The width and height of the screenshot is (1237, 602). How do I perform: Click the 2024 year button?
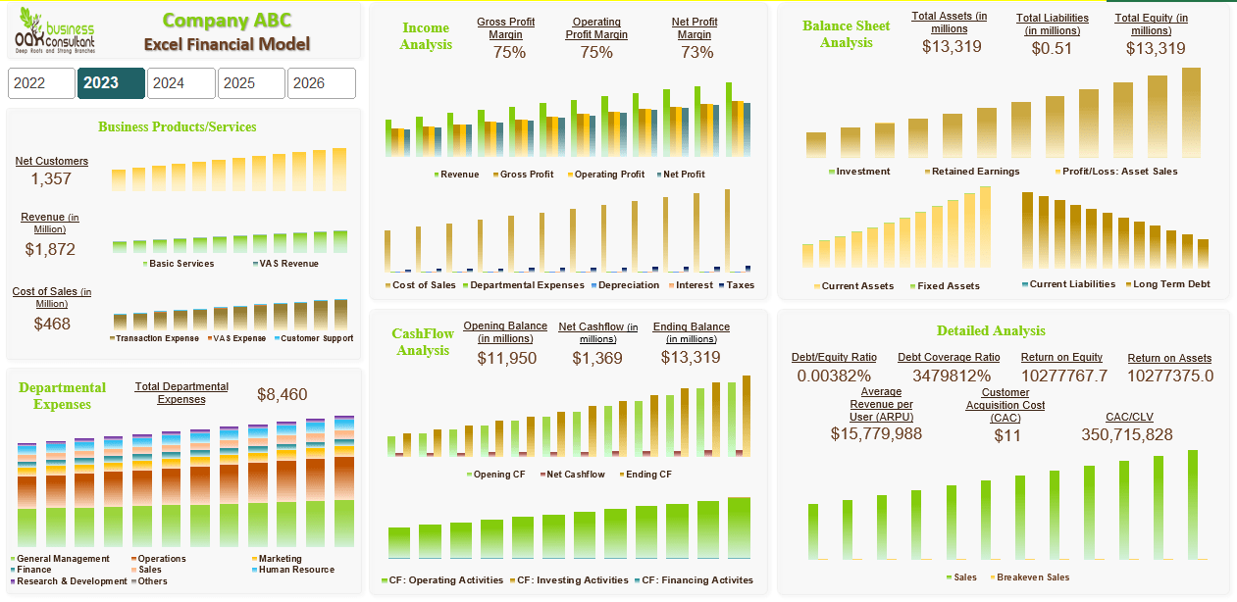tap(180, 83)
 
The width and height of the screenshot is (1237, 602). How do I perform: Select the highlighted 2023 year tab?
tap(111, 83)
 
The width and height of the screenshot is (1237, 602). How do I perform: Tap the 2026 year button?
tap(321, 83)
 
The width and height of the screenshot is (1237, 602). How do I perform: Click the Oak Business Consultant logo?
tap(55, 31)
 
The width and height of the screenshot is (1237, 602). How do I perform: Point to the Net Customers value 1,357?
tap(51, 178)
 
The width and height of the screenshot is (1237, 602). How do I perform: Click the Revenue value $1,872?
tap(50, 249)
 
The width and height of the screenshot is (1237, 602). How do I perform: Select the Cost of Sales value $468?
tap(52, 323)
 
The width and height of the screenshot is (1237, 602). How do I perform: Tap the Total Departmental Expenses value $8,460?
tap(282, 394)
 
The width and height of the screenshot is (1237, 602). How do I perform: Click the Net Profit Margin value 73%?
tap(696, 52)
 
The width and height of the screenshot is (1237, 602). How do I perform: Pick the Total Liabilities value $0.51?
tap(1052, 48)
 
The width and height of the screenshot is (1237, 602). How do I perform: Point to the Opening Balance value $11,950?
tap(506, 358)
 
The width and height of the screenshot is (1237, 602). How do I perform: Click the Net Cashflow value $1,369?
tap(597, 358)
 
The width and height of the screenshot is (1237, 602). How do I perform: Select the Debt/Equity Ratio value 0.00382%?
tap(834, 376)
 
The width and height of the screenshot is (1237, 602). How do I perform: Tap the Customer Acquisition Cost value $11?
tap(1006, 435)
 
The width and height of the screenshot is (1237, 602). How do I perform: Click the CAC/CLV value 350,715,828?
tap(1126, 434)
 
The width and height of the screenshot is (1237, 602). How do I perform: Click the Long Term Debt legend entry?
tap(1171, 284)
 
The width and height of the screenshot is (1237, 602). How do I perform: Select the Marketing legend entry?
tap(281, 559)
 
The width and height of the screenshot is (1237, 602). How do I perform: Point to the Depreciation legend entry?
tap(628, 285)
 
